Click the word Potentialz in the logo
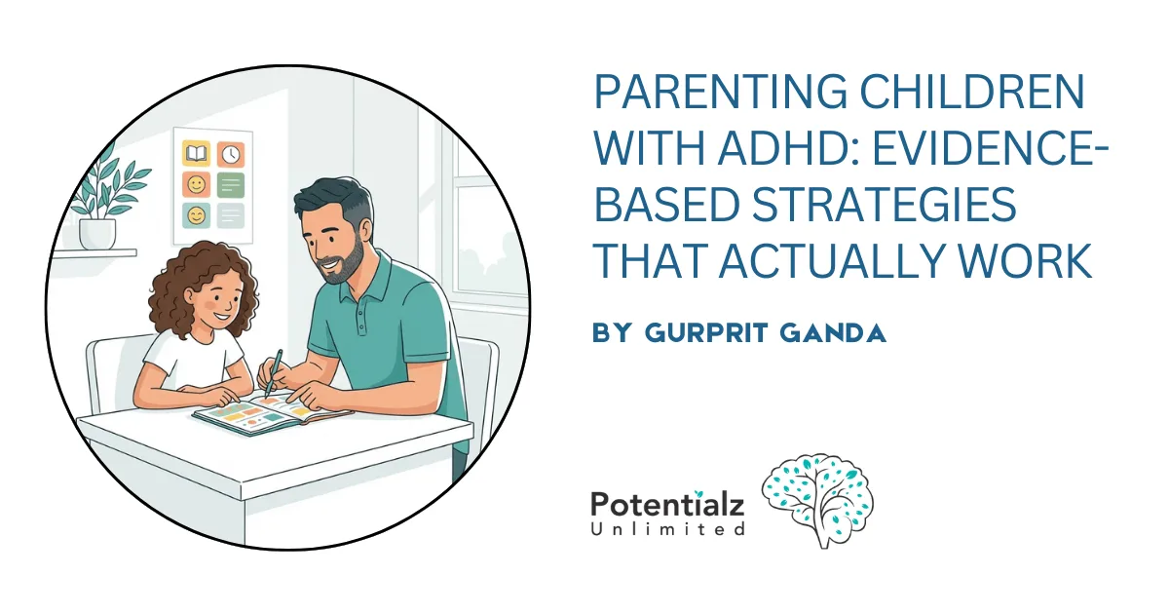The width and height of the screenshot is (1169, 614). (x=667, y=506)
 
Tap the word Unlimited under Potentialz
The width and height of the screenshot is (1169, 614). (x=667, y=529)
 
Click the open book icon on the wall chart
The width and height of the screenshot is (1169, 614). (x=197, y=154)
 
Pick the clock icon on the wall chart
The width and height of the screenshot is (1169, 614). (x=231, y=154)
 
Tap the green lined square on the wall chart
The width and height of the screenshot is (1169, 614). (x=231, y=185)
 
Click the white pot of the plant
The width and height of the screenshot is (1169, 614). (x=97, y=233)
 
